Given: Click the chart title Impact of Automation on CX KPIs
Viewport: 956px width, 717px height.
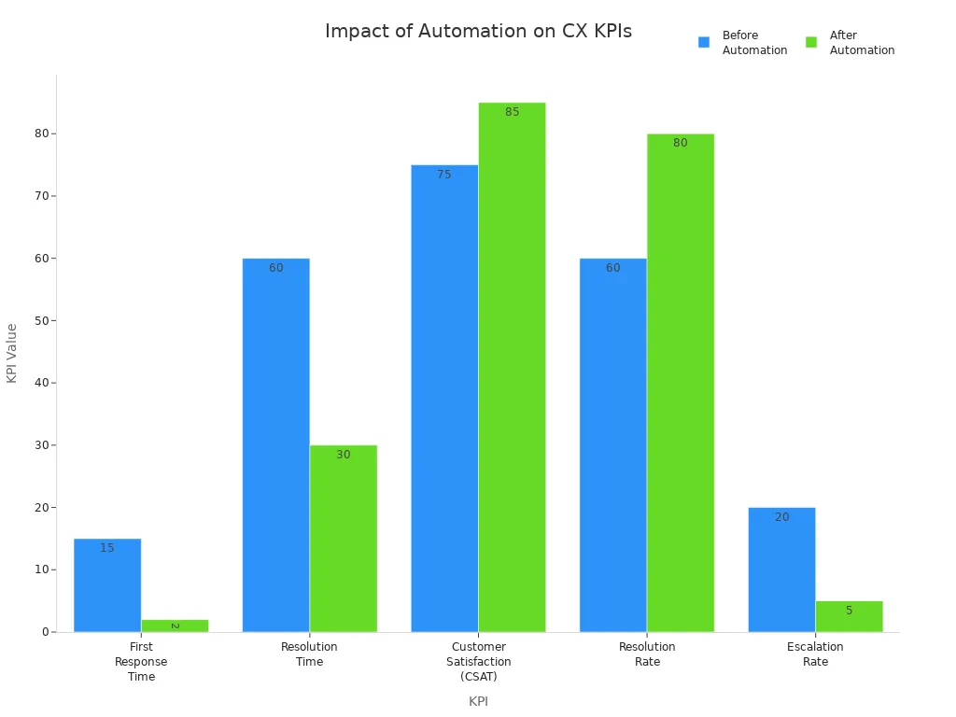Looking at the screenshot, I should (x=478, y=31).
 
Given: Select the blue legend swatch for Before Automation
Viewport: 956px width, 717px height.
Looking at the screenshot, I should (x=704, y=42).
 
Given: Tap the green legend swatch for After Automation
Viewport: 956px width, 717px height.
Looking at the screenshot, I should (x=811, y=42).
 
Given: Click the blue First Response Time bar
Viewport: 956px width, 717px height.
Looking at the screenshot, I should (x=107, y=588).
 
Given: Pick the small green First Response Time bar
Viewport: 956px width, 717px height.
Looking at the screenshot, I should (x=175, y=626).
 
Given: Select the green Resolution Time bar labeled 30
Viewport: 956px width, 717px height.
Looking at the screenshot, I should (x=344, y=541).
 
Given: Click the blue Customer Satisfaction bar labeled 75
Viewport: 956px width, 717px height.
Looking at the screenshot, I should (x=444, y=401).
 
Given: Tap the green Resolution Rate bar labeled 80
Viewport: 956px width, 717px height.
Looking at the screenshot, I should (x=681, y=383).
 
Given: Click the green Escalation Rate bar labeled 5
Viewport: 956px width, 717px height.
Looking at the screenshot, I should (x=849, y=617).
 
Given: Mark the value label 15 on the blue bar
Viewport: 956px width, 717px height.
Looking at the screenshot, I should (x=107, y=548).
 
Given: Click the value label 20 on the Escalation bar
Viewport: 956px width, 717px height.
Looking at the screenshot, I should (x=781, y=517).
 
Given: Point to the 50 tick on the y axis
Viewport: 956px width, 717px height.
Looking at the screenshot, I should (x=43, y=320).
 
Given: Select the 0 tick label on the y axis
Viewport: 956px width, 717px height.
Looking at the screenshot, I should (x=45, y=632).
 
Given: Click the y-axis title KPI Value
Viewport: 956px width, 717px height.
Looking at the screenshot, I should (x=12, y=353).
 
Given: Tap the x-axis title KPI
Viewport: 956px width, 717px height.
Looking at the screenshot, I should (x=478, y=701).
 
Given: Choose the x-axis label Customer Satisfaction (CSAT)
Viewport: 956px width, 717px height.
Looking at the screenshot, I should (x=478, y=661).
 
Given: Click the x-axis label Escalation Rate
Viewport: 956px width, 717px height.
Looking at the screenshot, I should (x=815, y=654).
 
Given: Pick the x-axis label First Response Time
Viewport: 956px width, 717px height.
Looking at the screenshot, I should (x=141, y=661).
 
